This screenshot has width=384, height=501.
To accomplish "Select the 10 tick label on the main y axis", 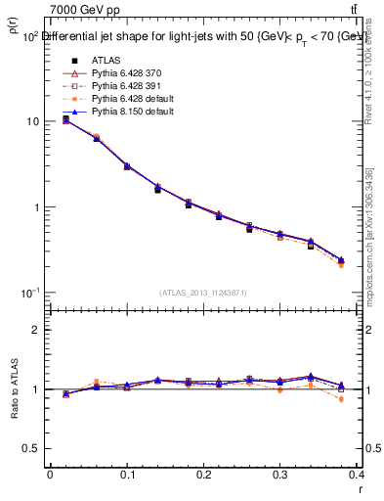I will [x=32, y=122].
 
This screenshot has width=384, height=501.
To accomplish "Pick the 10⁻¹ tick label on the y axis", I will [x=28, y=294].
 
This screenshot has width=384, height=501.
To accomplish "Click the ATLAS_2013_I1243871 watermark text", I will [x=202, y=294].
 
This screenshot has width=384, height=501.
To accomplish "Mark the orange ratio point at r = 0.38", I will [x=341, y=399].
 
